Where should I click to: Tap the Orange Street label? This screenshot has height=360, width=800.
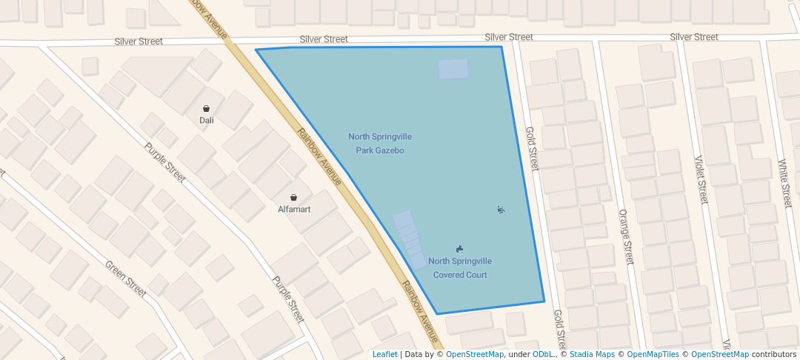click(x=626, y=236)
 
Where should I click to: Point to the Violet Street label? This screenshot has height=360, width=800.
click(x=701, y=179)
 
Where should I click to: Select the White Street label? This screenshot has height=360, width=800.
click(x=786, y=183)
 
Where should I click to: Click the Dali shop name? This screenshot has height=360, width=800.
click(x=206, y=120)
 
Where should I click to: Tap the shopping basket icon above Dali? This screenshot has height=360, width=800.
click(x=206, y=108)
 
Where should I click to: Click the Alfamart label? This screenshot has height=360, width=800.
click(x=294, y=209)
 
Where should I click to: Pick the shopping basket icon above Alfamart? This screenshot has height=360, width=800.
click(x=294, y=198)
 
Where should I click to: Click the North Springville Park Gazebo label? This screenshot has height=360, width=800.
click(x=380, y=144)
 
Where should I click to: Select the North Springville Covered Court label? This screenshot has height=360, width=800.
click(x=460, y=267)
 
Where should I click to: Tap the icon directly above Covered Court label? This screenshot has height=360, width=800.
click(x=460, y=249)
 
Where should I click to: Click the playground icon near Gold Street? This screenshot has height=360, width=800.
click(x=501, y=210)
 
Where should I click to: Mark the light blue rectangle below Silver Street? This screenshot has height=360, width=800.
click(x=453, y=69)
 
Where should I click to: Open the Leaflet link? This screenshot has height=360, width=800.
click(x=384, y=354)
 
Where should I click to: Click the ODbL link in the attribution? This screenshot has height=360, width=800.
click(x=543, y=354)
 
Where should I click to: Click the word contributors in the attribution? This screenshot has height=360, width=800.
click(x=774, y=354)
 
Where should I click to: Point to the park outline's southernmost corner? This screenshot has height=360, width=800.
click(x=437, y=314)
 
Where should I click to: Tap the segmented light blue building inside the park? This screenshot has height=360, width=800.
click(x=410, y=239)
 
